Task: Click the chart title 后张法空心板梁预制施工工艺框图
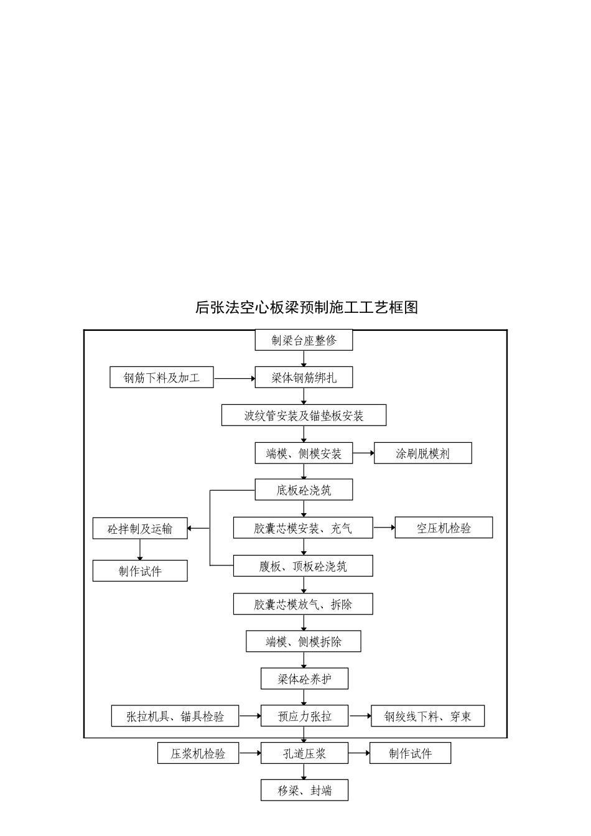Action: click(306, 307)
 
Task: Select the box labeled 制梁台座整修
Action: click(304, 340)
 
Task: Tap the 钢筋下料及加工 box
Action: click(162, 378)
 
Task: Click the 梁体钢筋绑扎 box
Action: click(304, 378)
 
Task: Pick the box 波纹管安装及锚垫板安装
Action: click(304, 416)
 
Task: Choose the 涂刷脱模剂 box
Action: click(422, 453)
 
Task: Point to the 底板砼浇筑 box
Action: click(304, 490)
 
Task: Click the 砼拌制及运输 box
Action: click(140, 529)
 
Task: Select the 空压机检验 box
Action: click(444, 528)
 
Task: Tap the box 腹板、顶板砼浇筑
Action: click(303, 566)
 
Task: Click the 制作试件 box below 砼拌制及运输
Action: click(140, 571)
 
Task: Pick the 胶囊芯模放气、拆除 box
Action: click(303, 604)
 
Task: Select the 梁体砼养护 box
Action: click(304, 679)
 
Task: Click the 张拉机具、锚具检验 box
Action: click(175, 716)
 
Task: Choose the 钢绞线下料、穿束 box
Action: click(427, 716)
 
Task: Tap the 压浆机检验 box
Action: click(198, 753)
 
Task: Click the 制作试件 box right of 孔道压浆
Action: click(410, 753)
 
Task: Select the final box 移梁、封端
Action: click(304, 791)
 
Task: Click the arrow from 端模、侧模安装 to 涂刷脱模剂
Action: click(363, 453)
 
